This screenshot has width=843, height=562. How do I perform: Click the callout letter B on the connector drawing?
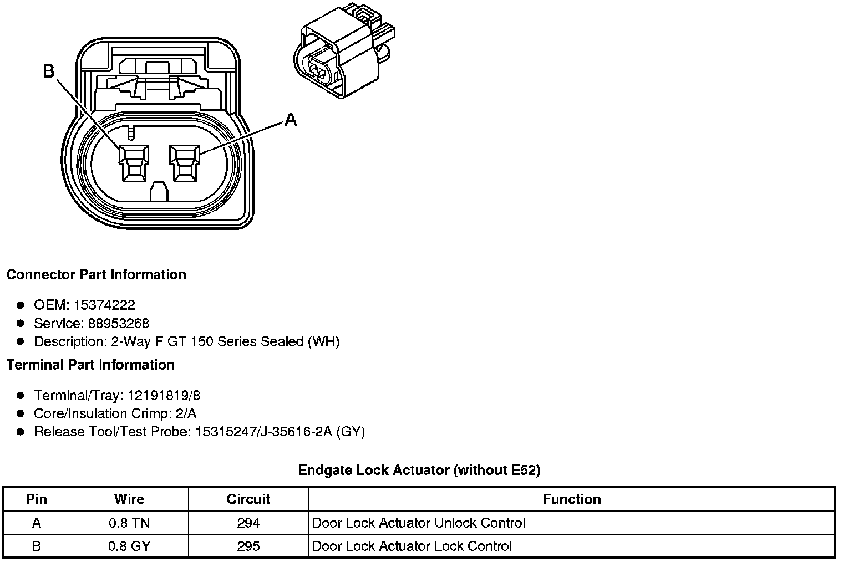(49, 71)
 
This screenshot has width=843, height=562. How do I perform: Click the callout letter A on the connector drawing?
(291, 119)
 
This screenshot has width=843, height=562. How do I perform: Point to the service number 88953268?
(119, 323)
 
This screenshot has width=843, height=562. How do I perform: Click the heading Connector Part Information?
(96, 275)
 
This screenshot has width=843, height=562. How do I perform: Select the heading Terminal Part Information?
(90, 365)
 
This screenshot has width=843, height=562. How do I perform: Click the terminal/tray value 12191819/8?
(164, 395)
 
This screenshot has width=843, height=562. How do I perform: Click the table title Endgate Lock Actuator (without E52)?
(419, 470)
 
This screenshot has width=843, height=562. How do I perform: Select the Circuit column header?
(248, 499)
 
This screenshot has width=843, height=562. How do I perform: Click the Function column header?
(572, 499)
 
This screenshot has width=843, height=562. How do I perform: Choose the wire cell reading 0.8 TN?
(129, 523)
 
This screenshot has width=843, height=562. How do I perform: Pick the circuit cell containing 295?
(248, 546)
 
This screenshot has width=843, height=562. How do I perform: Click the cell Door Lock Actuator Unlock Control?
(419, 523)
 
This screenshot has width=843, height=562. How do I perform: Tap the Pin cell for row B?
(37, 546)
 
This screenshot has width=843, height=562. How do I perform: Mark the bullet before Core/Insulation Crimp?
(21, 413)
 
